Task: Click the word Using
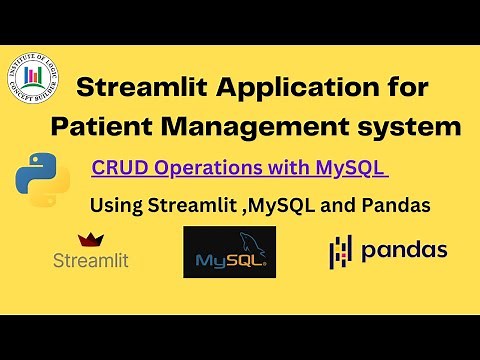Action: coord(115,207)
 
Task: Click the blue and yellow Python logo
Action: coord(42,179)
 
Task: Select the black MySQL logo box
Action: coord(229,252)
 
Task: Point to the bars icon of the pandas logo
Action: coord(341,252)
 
